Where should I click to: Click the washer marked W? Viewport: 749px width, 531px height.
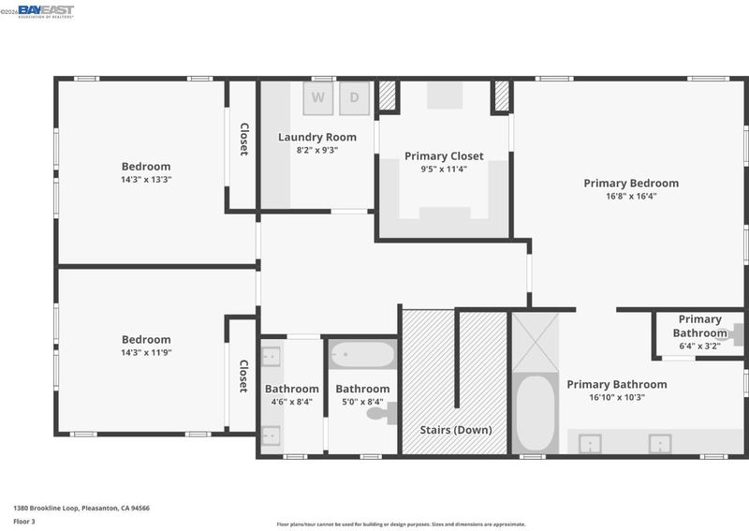[318, 98]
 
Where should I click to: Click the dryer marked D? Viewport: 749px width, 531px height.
[355, 98]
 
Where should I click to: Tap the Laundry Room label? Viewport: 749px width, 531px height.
[317, 137]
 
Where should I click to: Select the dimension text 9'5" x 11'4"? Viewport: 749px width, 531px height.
[444, 169]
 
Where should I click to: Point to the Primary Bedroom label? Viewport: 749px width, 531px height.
[631, 183]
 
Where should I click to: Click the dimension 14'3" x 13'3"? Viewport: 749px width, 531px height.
[146, 180]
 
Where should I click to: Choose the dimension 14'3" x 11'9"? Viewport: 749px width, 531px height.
[146, 353]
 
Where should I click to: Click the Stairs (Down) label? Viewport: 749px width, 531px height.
[456, 430]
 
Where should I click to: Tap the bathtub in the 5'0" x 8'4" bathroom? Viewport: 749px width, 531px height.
[362, 354]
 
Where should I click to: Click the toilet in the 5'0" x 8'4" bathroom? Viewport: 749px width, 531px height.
[382, 413]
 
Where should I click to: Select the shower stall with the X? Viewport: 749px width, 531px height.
[535, 342]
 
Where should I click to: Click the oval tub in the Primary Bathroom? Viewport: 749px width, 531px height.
[535, 413]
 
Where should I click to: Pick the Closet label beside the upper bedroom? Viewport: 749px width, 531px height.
[244, 140]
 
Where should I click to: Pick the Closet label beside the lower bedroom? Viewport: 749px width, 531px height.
[243, 376]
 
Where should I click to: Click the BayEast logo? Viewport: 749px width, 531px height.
[46, 11]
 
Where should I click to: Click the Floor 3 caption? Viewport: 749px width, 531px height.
[24, 522]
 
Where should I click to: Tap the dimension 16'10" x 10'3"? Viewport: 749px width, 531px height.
[617, 397]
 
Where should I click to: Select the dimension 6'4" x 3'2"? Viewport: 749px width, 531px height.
[699, 346]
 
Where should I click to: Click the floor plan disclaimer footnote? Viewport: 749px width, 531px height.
[402, 524]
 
